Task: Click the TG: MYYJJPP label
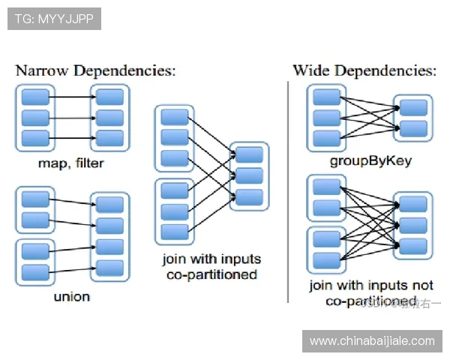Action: tap(54, 19)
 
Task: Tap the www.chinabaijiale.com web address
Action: tap(372, 341)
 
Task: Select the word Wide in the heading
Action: tap(310, 71)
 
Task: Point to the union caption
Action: tap(71, 296)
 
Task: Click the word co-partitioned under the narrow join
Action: tap(211, 274)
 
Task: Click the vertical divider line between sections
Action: tap(288, 187)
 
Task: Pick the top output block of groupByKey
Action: tap(413, 107)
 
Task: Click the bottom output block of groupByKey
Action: tap(413, 128)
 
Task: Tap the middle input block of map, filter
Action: tap(34, 118)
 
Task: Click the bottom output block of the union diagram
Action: tap(110, 268)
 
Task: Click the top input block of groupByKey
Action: tap(326, 97)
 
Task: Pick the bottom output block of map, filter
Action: tap(110, 138)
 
